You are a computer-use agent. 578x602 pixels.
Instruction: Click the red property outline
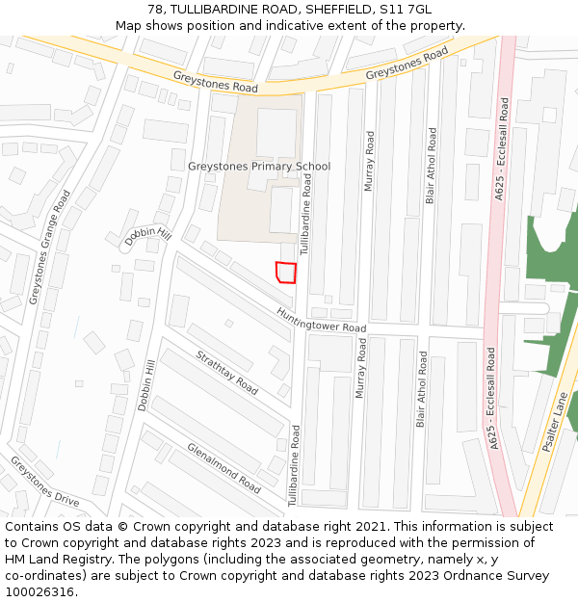coord(285,273)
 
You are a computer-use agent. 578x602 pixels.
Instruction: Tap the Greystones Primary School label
coord(259,167)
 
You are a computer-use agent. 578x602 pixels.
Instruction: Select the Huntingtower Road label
coord(321,320)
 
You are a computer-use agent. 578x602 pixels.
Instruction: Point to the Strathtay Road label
coord(226,373)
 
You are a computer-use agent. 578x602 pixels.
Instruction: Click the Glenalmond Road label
coord(223,467)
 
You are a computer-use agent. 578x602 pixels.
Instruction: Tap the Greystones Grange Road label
coord(50,247)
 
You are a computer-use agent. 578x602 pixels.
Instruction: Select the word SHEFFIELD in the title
coord(338,10)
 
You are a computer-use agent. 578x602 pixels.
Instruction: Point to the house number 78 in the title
coord(156,10)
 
